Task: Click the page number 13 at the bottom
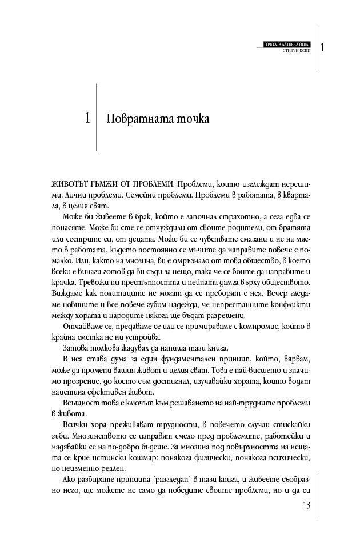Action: (x=306, y=505)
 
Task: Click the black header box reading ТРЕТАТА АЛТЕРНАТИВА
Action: (x=287, y=44)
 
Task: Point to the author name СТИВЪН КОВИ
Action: (x=296, y=51)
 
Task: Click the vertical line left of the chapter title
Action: (x=97, y=117)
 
